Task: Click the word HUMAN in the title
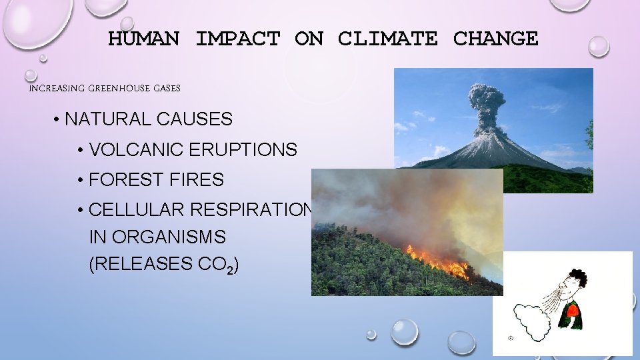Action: [x=143, y=39]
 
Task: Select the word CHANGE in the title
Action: [x=495, y=39]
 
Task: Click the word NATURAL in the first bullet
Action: [x=108, y=119]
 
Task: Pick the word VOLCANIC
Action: [x=137, y=149]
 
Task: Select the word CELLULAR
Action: [x=137, y=210]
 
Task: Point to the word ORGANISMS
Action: [x=178, y=237]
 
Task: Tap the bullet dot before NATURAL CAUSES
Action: [x=59, y=120]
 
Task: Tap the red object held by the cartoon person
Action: [x=571, y=310]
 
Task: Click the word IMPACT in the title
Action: [x=237, y=39]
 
